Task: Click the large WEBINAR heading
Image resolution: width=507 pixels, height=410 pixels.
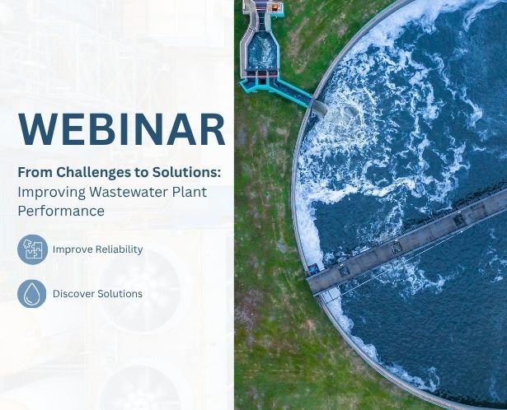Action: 121,129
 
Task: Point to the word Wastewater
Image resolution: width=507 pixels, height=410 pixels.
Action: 129,192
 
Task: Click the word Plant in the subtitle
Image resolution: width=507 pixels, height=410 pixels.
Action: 190,192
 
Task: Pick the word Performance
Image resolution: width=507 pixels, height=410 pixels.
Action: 61,211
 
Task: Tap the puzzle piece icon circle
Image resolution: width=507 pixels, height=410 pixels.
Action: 32,249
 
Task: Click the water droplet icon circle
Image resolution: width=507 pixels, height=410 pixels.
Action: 31,293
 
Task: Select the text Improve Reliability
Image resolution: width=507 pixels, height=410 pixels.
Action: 97,249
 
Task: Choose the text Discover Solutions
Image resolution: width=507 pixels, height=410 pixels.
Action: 97,293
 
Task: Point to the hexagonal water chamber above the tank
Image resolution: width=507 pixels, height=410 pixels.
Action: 262,51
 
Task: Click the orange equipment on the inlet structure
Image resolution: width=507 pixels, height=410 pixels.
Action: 274,7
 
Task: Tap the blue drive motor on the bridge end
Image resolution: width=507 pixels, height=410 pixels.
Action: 312,268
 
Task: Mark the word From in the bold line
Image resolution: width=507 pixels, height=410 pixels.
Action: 35,172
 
